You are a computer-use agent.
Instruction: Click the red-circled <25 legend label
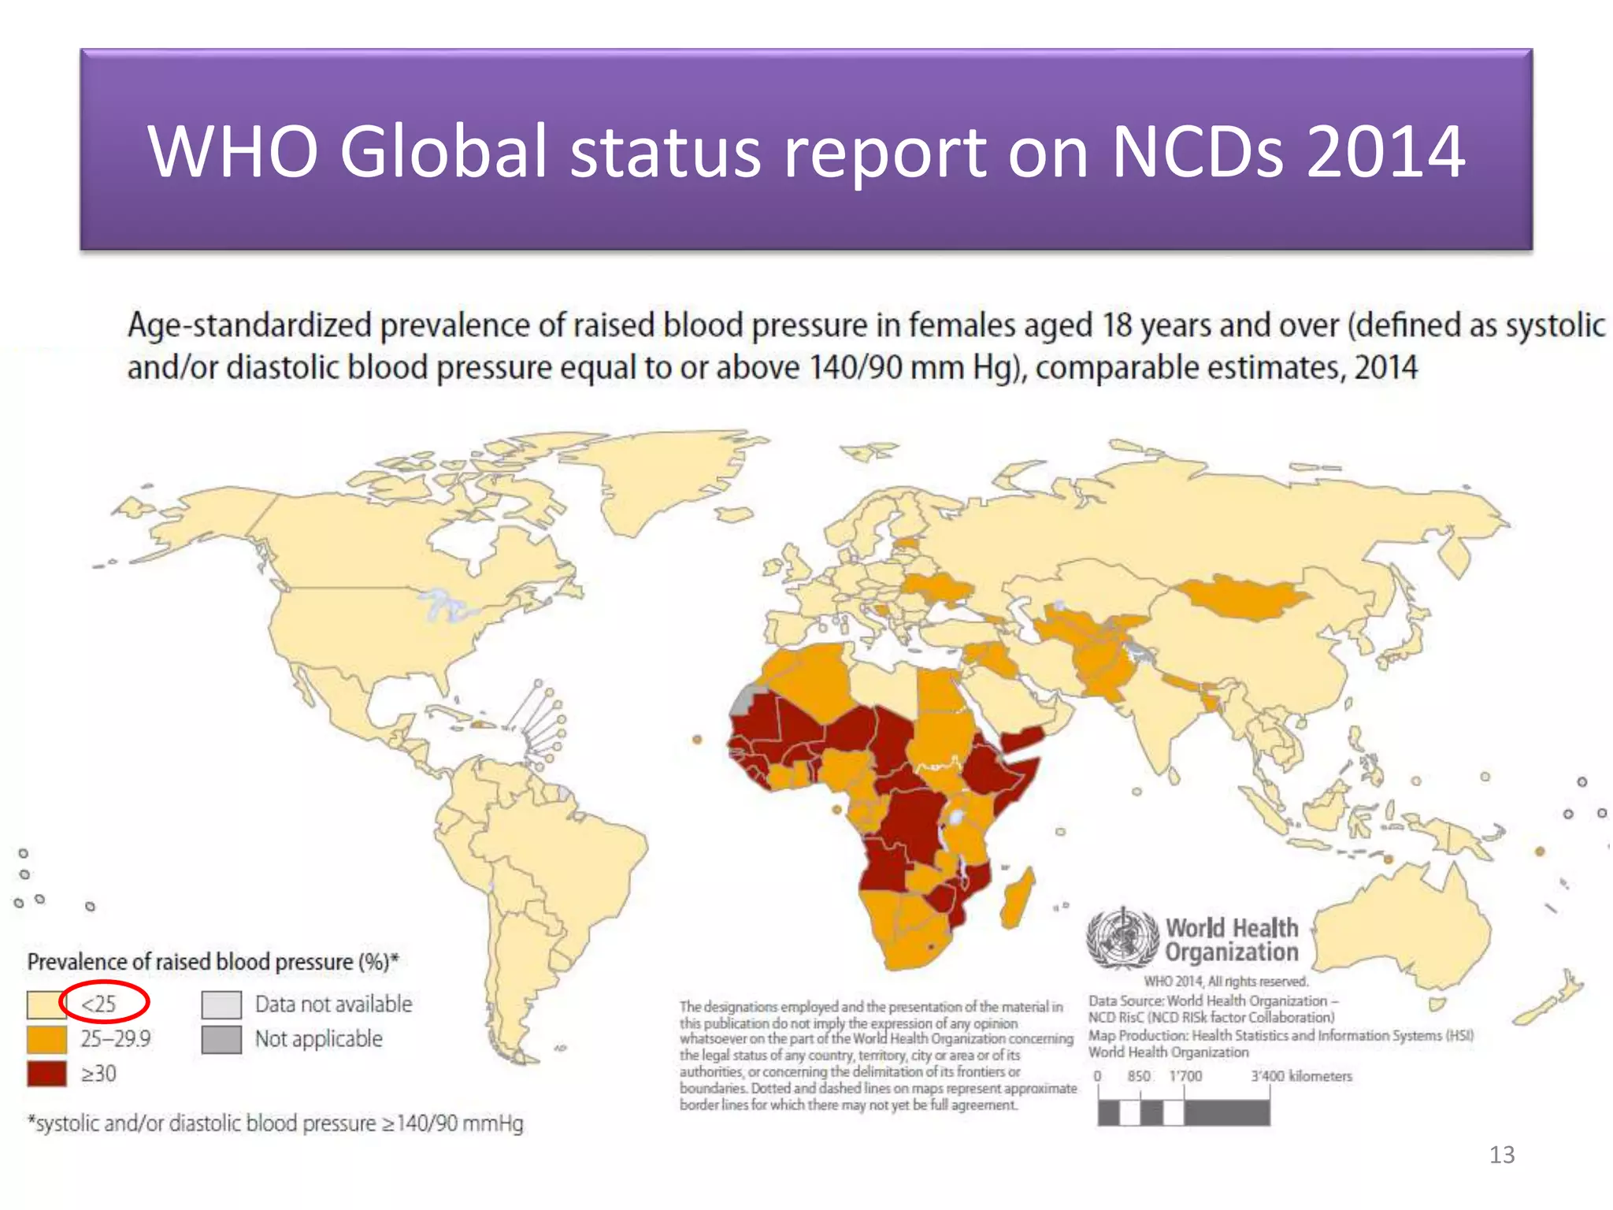[x=99, y=1004]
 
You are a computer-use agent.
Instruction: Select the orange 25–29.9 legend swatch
[x=46, y=1039]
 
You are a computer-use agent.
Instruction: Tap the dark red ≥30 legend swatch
[x=46, y=1074]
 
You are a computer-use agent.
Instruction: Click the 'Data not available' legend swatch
[x=221, y=1004]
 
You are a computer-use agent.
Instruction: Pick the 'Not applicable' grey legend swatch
[x=221, y=1039]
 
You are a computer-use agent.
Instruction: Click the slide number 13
[x=1502, y=1155]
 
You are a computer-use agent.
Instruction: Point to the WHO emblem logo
[x=1122, y=938]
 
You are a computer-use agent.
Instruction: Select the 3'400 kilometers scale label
[x=1301, y=1076]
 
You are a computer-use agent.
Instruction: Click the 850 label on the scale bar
[x=1139, y=1076]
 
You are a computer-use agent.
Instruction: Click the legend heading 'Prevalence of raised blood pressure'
[x=190, y=962]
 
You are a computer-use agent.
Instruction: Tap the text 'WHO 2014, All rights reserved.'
[x=1226, y=982]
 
